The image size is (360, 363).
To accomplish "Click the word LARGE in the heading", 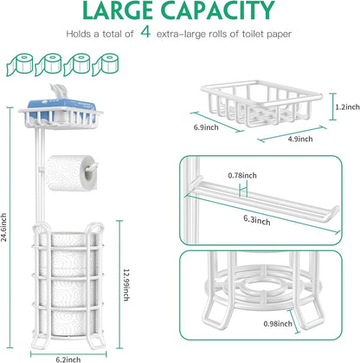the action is [x=118, y=10].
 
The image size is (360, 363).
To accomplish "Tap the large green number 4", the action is [x=145, y=32].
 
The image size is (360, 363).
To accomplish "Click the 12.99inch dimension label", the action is [x=126, y=285].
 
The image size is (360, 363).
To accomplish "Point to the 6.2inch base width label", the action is [x=68, y=360].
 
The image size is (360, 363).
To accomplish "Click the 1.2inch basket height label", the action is [x=347, y=107].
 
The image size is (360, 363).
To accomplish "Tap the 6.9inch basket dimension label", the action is [x=206, y=127].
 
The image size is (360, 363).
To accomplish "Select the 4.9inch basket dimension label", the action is [x=300, y=139].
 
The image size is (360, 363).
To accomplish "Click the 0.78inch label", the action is [x=242, y=175].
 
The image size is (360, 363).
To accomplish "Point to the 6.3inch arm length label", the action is [x=257, y=220].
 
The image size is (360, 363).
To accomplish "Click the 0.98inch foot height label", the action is [x=278, y=324].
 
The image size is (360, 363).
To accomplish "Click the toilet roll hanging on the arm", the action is [x=71, y=173].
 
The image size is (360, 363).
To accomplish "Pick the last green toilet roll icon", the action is [x=105, y=64].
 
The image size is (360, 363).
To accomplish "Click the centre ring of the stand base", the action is [x=260, y=288].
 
